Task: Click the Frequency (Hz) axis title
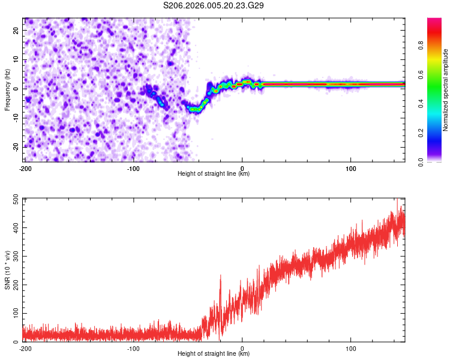pos(7,90)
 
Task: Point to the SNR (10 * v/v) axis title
pos(7,270)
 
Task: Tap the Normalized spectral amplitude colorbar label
pos(446,90)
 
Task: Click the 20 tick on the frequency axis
pos(17,31)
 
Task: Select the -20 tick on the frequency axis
pos(16,146)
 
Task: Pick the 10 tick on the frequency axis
pos(17,60)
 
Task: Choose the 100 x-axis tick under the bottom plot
pos(350,347)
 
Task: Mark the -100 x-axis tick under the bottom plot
pos(133,347)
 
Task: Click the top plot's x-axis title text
pos(214,174)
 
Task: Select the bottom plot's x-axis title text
pos(214,354)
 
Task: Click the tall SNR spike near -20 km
pos(220,277)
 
